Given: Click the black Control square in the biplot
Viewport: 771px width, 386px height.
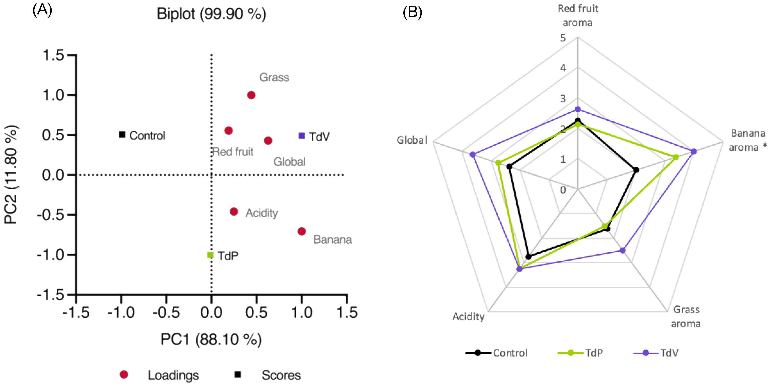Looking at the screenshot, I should point(122,135).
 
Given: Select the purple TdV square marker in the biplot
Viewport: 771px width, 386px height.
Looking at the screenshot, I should point(302,136).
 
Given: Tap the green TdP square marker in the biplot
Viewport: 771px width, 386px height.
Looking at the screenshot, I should point(210,255).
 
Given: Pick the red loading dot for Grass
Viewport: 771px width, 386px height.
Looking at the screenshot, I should point(251,95).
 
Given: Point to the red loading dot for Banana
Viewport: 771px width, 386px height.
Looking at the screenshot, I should point(302,231).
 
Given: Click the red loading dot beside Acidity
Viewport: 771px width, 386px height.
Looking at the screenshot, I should point(234,212).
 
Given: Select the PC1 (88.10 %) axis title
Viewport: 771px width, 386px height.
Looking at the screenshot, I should point(211,339).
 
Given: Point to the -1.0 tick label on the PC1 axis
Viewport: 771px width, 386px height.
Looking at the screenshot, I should point(121,313).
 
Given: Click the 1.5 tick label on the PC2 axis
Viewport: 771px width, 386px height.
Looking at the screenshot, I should point(53,55).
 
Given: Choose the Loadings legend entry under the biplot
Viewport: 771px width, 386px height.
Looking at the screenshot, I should point(173,375).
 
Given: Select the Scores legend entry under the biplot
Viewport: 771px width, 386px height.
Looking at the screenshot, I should point(281,375).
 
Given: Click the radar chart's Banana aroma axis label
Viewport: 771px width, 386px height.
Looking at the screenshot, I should point(747,140).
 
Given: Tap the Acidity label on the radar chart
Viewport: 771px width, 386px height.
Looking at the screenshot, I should point(468,317).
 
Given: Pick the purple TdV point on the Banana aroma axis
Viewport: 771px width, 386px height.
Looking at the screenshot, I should point(694,151).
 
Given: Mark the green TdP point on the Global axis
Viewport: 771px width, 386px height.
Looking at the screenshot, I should point(498,163).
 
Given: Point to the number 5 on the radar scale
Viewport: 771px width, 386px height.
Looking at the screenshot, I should point(563,38).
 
